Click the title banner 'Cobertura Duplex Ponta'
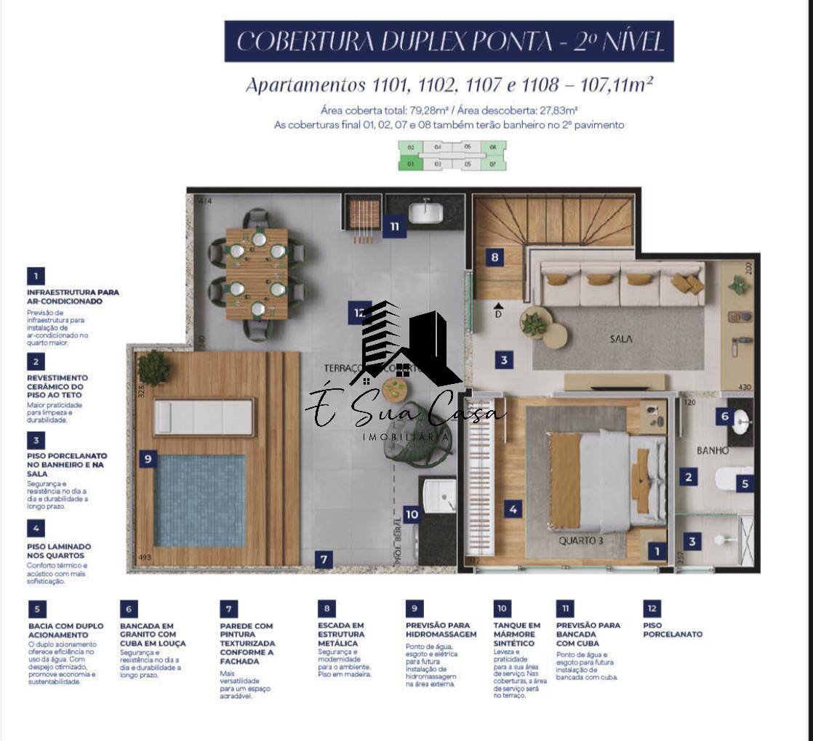pos(449,41)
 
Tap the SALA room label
pos(620,339)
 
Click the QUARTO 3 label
pos(582,541)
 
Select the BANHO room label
pos(712,451)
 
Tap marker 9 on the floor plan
pos(148,459)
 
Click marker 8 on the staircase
pos(494,257)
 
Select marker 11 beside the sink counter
pos(394,226)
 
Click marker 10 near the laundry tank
pos(412,515)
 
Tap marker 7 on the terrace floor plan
pos(324,559)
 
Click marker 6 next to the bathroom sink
pos(724,417)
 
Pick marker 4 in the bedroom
pos(513,509)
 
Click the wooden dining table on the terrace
pos(257,273)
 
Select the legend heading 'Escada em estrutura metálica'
pos(342,634)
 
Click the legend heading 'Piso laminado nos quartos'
pos(59,551)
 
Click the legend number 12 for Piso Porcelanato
pos(652,608)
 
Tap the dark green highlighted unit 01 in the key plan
pos(411,164)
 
